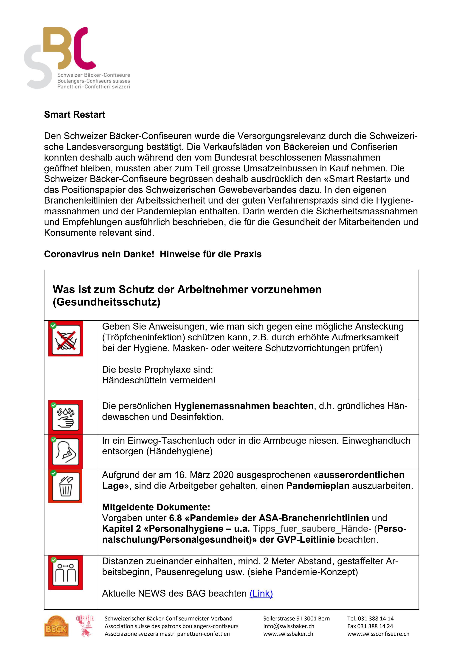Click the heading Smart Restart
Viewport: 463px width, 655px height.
pyautogui.click(x=75, y=114)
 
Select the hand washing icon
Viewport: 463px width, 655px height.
pyautogui.click(x=65, y=417)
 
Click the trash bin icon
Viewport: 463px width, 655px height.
pyautogui.click(x=65, y=486)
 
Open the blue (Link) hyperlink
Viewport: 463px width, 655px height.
pyautogui.click(x=261, y=593)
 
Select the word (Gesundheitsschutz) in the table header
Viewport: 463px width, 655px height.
pyautogui.click(x=106, y=302)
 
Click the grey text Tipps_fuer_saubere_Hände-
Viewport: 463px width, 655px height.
pyautogui.click(x=312, y=529)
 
